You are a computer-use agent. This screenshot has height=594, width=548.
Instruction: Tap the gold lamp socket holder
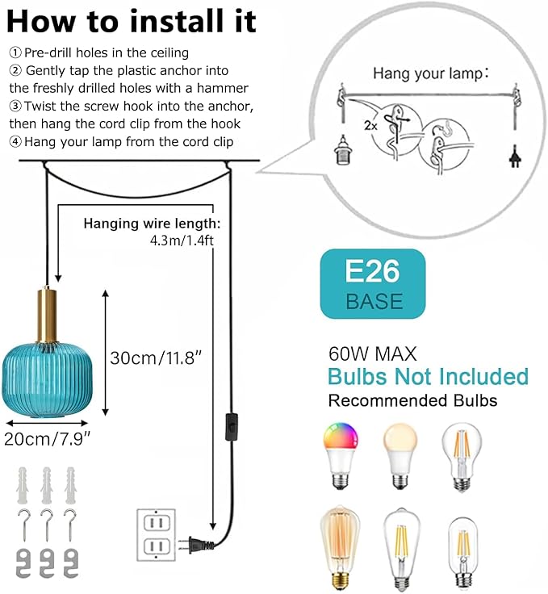(x=48, y=316)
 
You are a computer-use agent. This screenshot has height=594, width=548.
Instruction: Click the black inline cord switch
(x=232, y=427)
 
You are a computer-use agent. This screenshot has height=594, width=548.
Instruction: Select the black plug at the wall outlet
(x=198, y=544)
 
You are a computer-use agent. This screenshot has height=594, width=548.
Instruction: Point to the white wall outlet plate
(x=156, y=535)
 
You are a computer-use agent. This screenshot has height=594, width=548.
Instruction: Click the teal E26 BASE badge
(x=373, y=284)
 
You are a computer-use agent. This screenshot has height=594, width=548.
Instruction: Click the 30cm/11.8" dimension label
(x=156, y=358)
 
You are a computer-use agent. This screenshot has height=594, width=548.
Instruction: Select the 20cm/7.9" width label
(x=48, y=439)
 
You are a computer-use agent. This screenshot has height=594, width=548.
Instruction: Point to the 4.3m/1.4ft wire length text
(x=182, y=241)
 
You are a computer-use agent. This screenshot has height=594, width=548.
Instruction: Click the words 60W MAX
(x=373, y=353)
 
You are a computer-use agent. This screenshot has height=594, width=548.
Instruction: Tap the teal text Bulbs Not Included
(x=428, y=377)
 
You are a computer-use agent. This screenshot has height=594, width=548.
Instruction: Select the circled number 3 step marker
(x=15, y=106)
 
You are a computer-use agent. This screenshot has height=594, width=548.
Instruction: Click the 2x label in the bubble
(x=370, y=125)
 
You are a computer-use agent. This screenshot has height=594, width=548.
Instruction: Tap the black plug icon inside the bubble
(x=515, y=156)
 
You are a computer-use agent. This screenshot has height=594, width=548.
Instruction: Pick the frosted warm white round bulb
(x=400, y=455)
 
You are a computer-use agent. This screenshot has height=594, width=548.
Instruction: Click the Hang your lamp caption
(x=431, y=73)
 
